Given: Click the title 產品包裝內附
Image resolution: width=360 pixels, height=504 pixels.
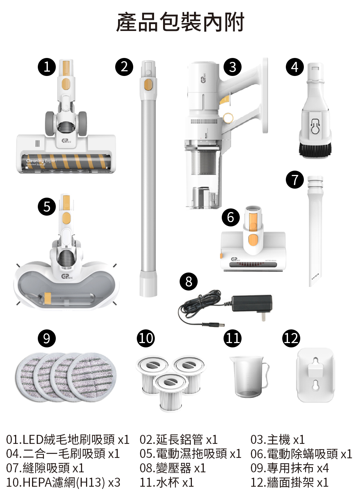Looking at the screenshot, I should click(x=180, y=22).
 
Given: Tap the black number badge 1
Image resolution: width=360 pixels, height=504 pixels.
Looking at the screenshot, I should click(x=47, y=67).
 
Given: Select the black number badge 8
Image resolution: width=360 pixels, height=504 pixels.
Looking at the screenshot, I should click(x=189, y=281).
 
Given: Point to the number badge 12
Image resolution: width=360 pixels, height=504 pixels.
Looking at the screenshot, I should click(x=291, y=338).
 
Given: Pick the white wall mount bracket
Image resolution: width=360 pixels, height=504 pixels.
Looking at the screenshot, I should click(x=316, y=375).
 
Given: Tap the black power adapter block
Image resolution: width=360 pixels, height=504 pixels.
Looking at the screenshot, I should click(x=252, y=303).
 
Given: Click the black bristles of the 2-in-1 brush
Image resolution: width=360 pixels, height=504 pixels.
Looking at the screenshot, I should click(x=315, y=150).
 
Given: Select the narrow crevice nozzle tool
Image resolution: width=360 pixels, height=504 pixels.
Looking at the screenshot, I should click(x=316, y=230).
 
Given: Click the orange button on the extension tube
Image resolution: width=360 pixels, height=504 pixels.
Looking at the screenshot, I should click(x=148, y=84).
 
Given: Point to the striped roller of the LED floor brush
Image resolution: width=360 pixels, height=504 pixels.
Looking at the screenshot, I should click(x=67, y=161).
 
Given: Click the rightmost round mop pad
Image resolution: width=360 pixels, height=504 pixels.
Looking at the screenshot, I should click(x=92, y=376).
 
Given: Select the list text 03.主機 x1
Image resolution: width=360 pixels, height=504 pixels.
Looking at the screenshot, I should click(x=277, y=440).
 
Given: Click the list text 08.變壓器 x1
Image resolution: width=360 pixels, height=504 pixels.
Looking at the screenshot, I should click(x=172, y=468).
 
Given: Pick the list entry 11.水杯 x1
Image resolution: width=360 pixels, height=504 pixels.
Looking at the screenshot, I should click(x=166, y=482).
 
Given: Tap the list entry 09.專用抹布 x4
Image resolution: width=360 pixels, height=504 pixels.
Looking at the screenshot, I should click(x=289, y=468).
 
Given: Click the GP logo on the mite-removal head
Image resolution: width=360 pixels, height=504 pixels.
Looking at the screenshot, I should click(x=234, y=259).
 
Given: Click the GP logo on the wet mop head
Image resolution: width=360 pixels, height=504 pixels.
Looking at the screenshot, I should click(x=66, y=276).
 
